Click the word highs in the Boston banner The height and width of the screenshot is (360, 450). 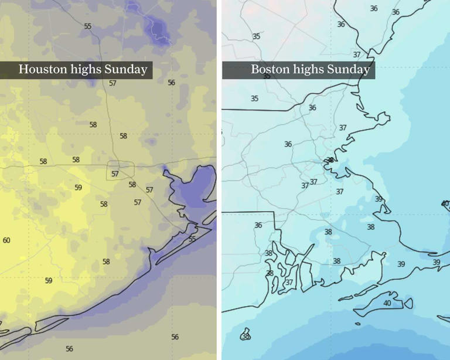coord(307,69)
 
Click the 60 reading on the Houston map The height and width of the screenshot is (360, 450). coord(6,240)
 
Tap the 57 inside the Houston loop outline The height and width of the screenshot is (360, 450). coord(115,174)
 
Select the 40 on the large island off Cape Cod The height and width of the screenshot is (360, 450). coord(387,303)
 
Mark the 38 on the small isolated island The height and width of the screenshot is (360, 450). coord(246,336)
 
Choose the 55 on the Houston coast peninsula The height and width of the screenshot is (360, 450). coord(192,239)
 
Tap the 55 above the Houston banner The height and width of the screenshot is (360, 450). coord(88,26)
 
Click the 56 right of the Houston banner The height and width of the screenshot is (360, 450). coord(171,83)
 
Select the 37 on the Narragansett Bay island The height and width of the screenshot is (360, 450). coord(289,282)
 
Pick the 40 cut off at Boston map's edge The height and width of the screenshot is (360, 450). coord(445,203)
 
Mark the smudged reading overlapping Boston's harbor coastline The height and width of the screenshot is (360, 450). coord(330,159)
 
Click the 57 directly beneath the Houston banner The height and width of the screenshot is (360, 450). coord(112,83)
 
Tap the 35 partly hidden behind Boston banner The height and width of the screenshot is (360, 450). coord(267,76)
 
